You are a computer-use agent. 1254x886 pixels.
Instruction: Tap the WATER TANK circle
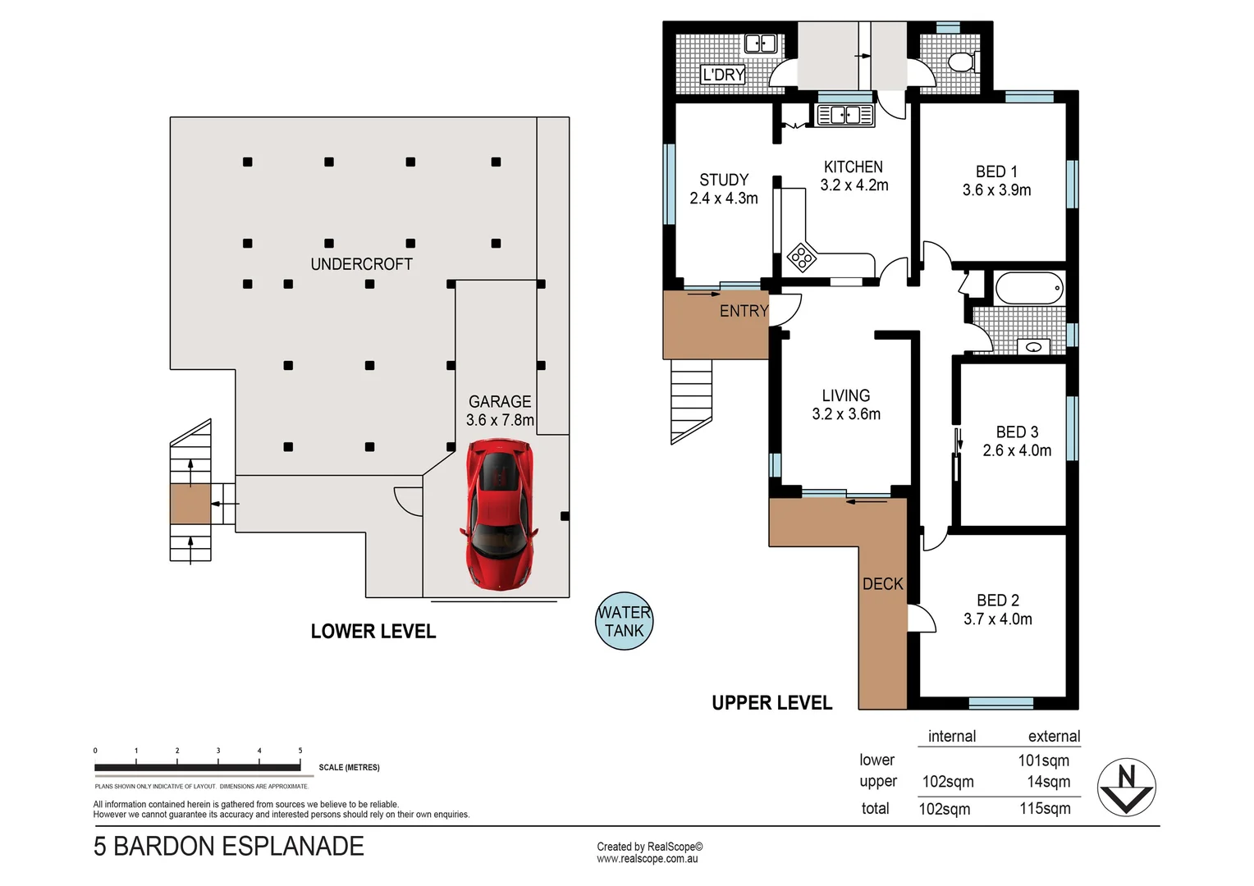tap(624, 622)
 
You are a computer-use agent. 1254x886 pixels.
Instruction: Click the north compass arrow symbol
tap(1126, 787)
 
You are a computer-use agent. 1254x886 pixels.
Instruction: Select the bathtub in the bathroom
tap(1029, 288)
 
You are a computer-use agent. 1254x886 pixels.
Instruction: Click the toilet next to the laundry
tap(960, 61)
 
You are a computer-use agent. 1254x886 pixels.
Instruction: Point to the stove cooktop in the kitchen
tap(802, 258)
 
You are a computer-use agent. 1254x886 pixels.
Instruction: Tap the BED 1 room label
tap(996, 171)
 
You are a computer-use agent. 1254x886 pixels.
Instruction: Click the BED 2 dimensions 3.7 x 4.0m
tap(997, 619)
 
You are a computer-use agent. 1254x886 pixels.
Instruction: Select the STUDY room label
tap(724, 180)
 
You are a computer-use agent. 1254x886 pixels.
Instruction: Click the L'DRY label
tap(723, 75)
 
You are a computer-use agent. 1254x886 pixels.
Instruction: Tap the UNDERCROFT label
tap(361, 264)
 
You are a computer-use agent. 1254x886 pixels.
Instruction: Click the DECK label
tap(882, 584)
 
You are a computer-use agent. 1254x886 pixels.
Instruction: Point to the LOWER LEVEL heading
tap(373, 631)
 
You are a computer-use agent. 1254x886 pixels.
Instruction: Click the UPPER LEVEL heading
tap(771, 703)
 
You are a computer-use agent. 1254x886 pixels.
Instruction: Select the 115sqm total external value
tap(1045, 808)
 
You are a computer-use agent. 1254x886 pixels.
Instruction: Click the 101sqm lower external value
tap(1043, 760)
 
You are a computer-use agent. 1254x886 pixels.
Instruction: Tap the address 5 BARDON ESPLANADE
tap(228, 846)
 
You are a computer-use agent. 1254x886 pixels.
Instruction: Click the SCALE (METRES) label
tap(349, 768)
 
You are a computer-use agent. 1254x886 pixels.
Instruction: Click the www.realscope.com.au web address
tap(647, 859)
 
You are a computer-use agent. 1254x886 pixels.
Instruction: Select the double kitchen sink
tap(844, 116)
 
